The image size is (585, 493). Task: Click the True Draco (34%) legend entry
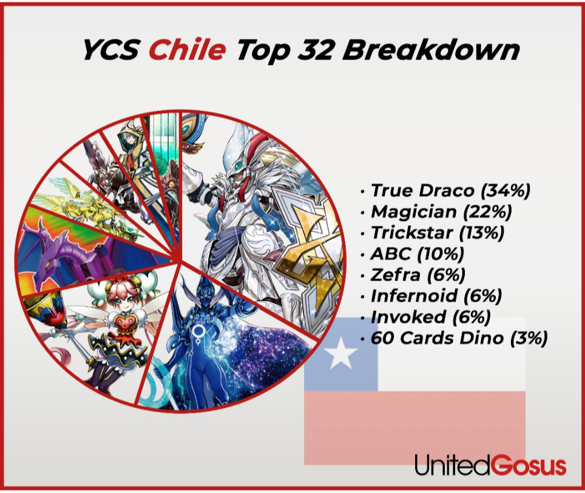point(450,190)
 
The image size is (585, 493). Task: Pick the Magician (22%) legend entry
point(441,212)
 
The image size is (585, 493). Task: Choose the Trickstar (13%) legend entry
point(438,233)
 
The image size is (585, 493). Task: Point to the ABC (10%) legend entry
point(417,254)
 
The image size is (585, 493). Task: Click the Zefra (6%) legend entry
point(418,275)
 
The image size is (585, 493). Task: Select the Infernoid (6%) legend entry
point(436,296)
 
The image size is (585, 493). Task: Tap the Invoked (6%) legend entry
point(430,317)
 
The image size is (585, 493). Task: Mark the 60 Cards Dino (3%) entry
point(459,338)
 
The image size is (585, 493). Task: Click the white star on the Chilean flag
point(340,355)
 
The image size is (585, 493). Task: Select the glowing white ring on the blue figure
point(198,331)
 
